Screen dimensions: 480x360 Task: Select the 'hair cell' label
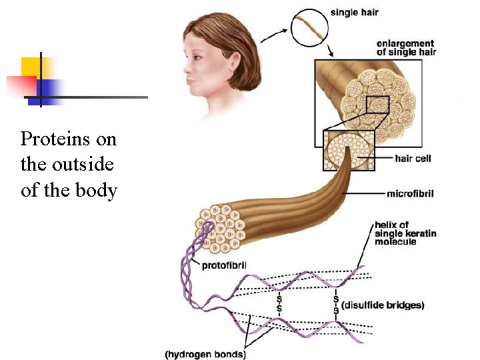[x=413, y=158]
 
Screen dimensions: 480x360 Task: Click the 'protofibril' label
[x=224, y=265]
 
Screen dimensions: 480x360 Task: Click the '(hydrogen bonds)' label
[x=205, y=354]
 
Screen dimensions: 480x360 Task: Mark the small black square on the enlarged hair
[x=377, y=105]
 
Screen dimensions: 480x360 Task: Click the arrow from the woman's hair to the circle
[x=274, y=31]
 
